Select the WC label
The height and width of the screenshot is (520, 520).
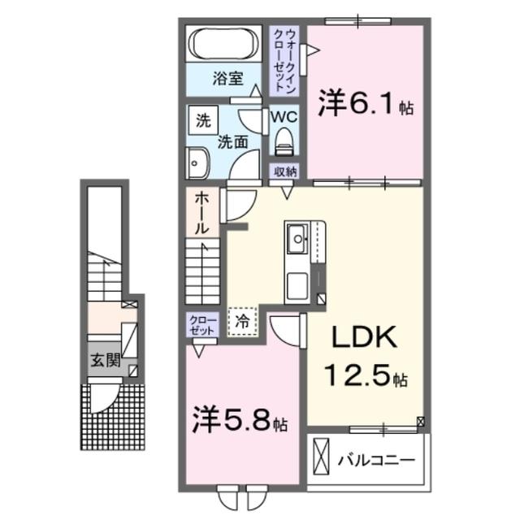tap(284, 116)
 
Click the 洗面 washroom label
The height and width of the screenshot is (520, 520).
tap(232, 141)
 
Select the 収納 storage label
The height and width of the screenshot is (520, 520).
tap(284, 171)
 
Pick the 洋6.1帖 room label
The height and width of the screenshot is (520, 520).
tap(365, 105)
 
